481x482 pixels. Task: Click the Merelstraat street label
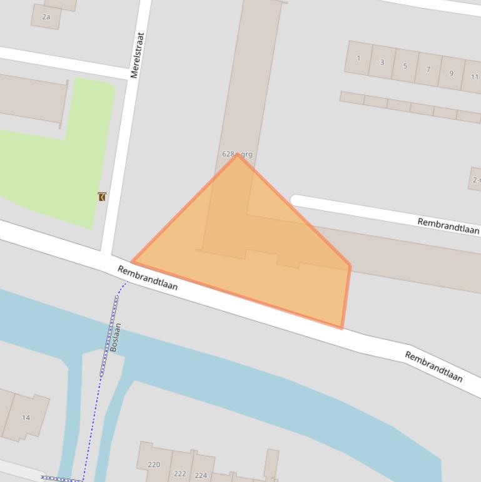[x=138, y=55]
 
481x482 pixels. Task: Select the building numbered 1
[x=358, y=59]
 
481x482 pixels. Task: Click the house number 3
[x=382, y=63]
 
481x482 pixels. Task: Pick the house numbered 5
[x=405, y=66]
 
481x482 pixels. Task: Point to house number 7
[x=428, y=69]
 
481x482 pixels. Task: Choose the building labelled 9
[x=451, y=73]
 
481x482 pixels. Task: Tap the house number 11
[x=474, y=77]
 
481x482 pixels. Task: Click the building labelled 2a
[x=46, y=17]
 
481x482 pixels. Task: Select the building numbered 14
[x=26, y=418]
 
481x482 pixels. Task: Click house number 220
[x=154, y=464]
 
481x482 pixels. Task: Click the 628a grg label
[x=237, y=153]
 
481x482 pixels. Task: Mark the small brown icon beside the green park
[x=102, y=197]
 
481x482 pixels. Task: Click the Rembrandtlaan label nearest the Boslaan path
[x=148, y=277]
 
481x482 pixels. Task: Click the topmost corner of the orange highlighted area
[x=237, y=154]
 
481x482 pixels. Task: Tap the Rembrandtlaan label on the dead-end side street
[x=448, y=225]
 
